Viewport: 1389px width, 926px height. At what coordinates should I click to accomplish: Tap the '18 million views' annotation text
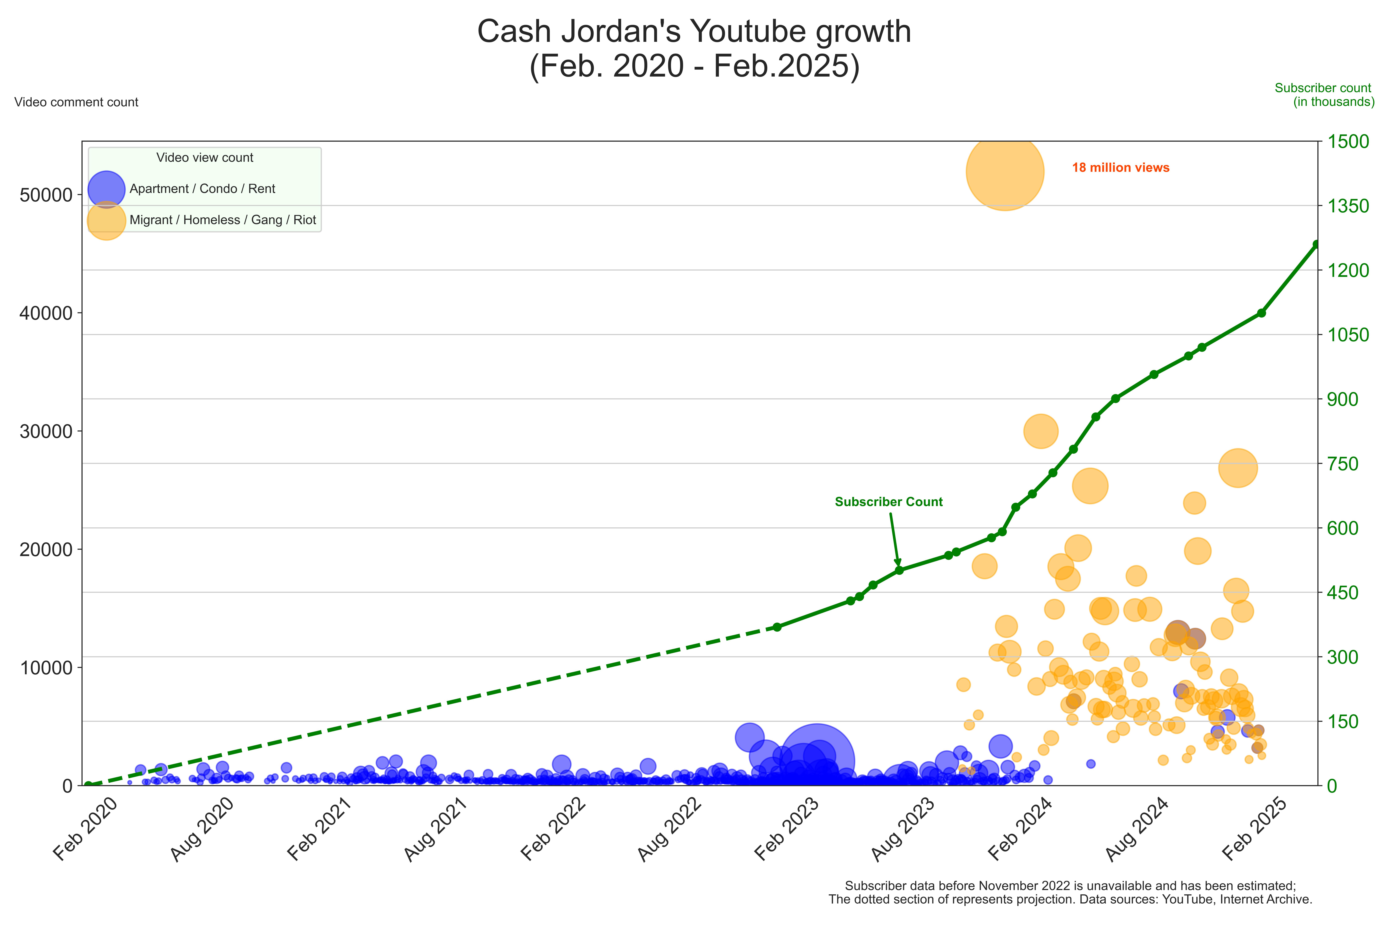1120,168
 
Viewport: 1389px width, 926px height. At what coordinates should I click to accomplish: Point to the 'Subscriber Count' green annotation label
889,502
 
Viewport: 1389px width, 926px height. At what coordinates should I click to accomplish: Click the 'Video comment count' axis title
76,102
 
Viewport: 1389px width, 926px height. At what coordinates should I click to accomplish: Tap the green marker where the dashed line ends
777,627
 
